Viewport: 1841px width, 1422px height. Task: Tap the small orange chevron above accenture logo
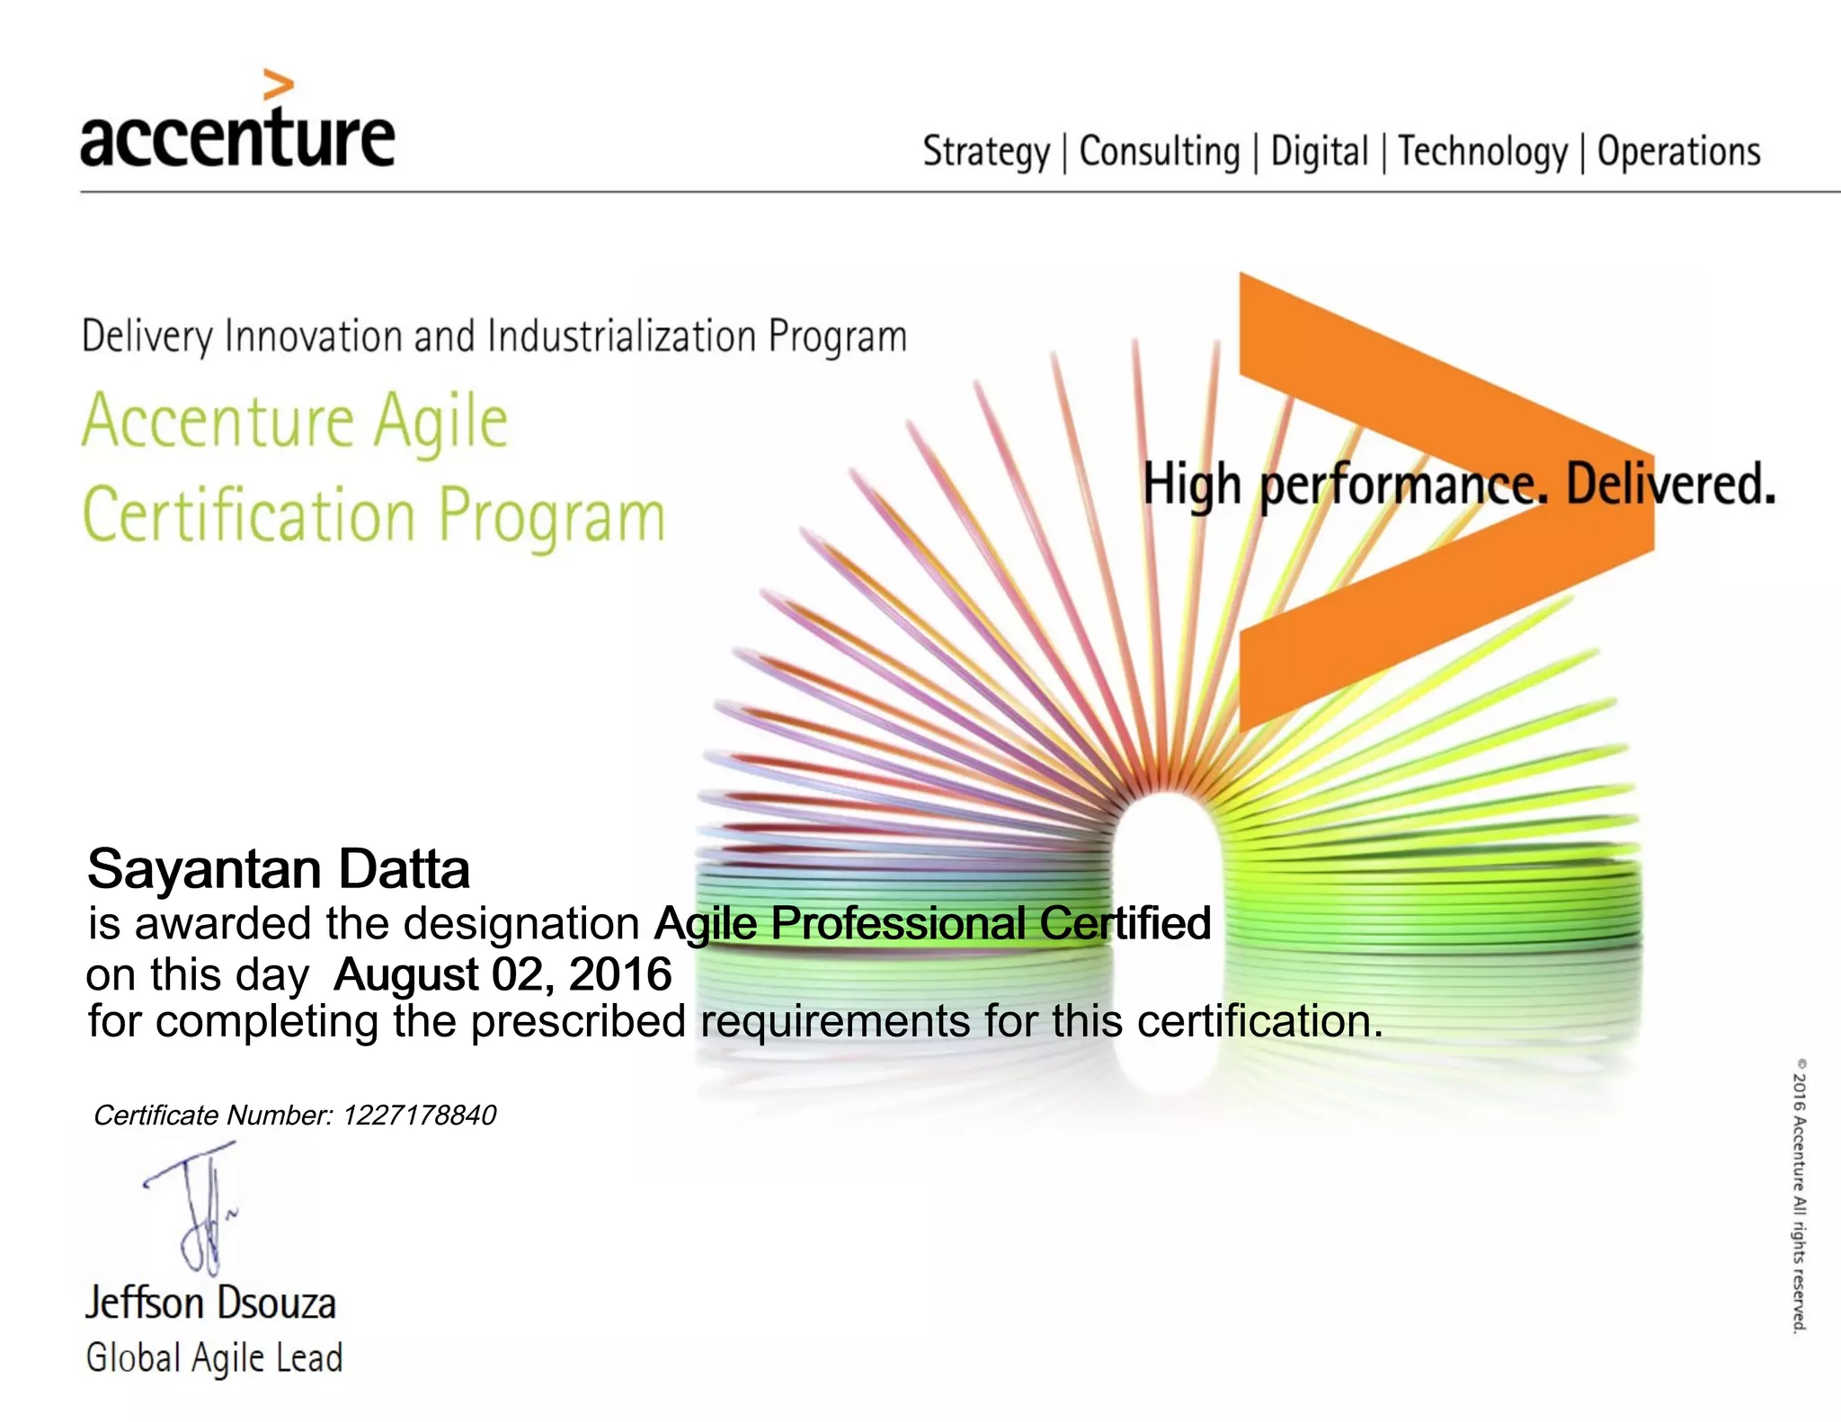pyautogui.click(x=278, y=85)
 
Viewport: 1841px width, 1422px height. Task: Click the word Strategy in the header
pyautogui.click(x=985, y=152)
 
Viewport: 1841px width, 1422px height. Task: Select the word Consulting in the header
pyautogui.click(x=1159, y=151)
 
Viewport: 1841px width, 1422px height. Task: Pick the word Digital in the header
pyautogui.click(x=1319, y=151)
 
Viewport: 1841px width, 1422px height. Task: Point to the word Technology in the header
pyautogui.click(x=1482, y=151)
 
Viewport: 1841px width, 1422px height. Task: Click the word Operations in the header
pyautogui.click(x=1678, y=151)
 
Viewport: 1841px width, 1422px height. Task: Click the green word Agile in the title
pyautogui.click(x=440, y=422)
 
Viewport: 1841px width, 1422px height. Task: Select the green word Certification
pyautogui.click(x=248, y=516)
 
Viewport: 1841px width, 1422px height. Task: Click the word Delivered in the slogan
pyautogui.click(x=1670, y=484)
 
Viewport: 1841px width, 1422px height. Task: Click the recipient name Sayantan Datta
pyautogui.click(x=279, y=869)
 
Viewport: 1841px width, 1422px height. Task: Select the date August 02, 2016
pyautogui.click(x=502, y=974)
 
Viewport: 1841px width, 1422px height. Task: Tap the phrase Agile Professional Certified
pyautogui.click(x=932, y=923)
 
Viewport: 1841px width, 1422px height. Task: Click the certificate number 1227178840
pyautogui.click(x=419, y=1115)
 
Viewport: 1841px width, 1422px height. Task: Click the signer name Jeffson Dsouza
pyautogui.click(x=210, y=1303)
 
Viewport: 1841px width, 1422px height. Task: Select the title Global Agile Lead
pyautogui.click(x=214, y=1357)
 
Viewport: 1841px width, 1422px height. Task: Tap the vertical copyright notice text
pyautogui.click(x=1798, y=1195)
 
